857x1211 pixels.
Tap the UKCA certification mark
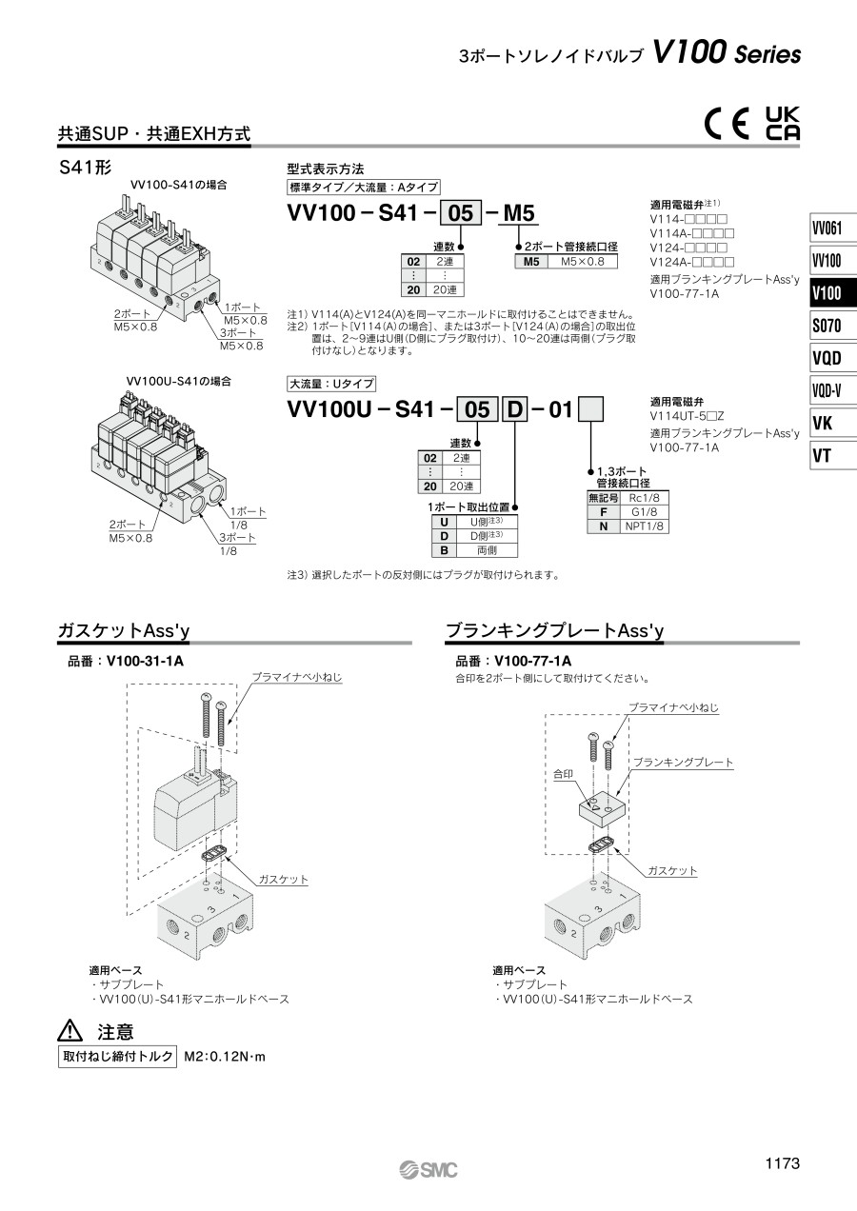coord(783,124)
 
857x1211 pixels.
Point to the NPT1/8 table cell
coord(644,526)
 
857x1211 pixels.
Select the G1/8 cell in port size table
coord(644,512)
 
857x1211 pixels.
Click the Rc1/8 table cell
coord(644,498)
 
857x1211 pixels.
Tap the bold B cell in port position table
coord(444,550)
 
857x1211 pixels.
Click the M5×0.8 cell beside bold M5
coord(583,262)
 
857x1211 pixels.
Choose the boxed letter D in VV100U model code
coord(515,409)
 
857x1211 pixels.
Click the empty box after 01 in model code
coord(590,409)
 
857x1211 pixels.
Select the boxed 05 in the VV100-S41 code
coord(461,212)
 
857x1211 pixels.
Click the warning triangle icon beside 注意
coord(70,1030)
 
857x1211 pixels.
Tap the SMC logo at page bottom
coord(428,1170)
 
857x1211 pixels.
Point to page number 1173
coord(783,1162)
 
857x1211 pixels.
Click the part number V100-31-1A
coord(146,661)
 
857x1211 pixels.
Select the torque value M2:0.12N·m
coord(225,1057)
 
